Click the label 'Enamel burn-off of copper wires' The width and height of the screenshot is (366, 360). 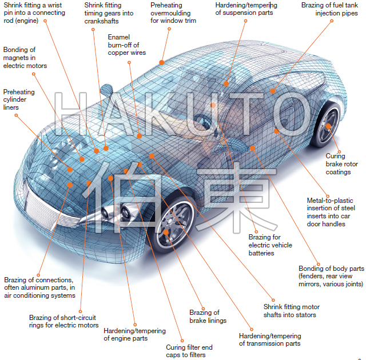coord(126,45)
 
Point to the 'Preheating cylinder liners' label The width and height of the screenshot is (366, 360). coord(19,99)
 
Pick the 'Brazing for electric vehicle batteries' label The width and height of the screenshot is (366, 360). coord(270,245)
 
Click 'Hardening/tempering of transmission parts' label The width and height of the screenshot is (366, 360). coord(269,339)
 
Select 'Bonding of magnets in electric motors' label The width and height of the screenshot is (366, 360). coord(25,58)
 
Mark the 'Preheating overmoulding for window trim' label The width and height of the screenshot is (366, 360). coord(173,13)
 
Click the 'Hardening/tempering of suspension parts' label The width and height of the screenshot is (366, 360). coord(246,9)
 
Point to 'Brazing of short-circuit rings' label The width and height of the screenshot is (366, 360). coord(63,321)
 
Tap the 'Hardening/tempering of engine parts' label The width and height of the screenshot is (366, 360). coord(134,334)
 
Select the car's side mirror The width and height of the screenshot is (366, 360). coord(107,90)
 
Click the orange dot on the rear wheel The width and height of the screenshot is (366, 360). coord(329,126)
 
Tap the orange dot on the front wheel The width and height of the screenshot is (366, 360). coord(166,233)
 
